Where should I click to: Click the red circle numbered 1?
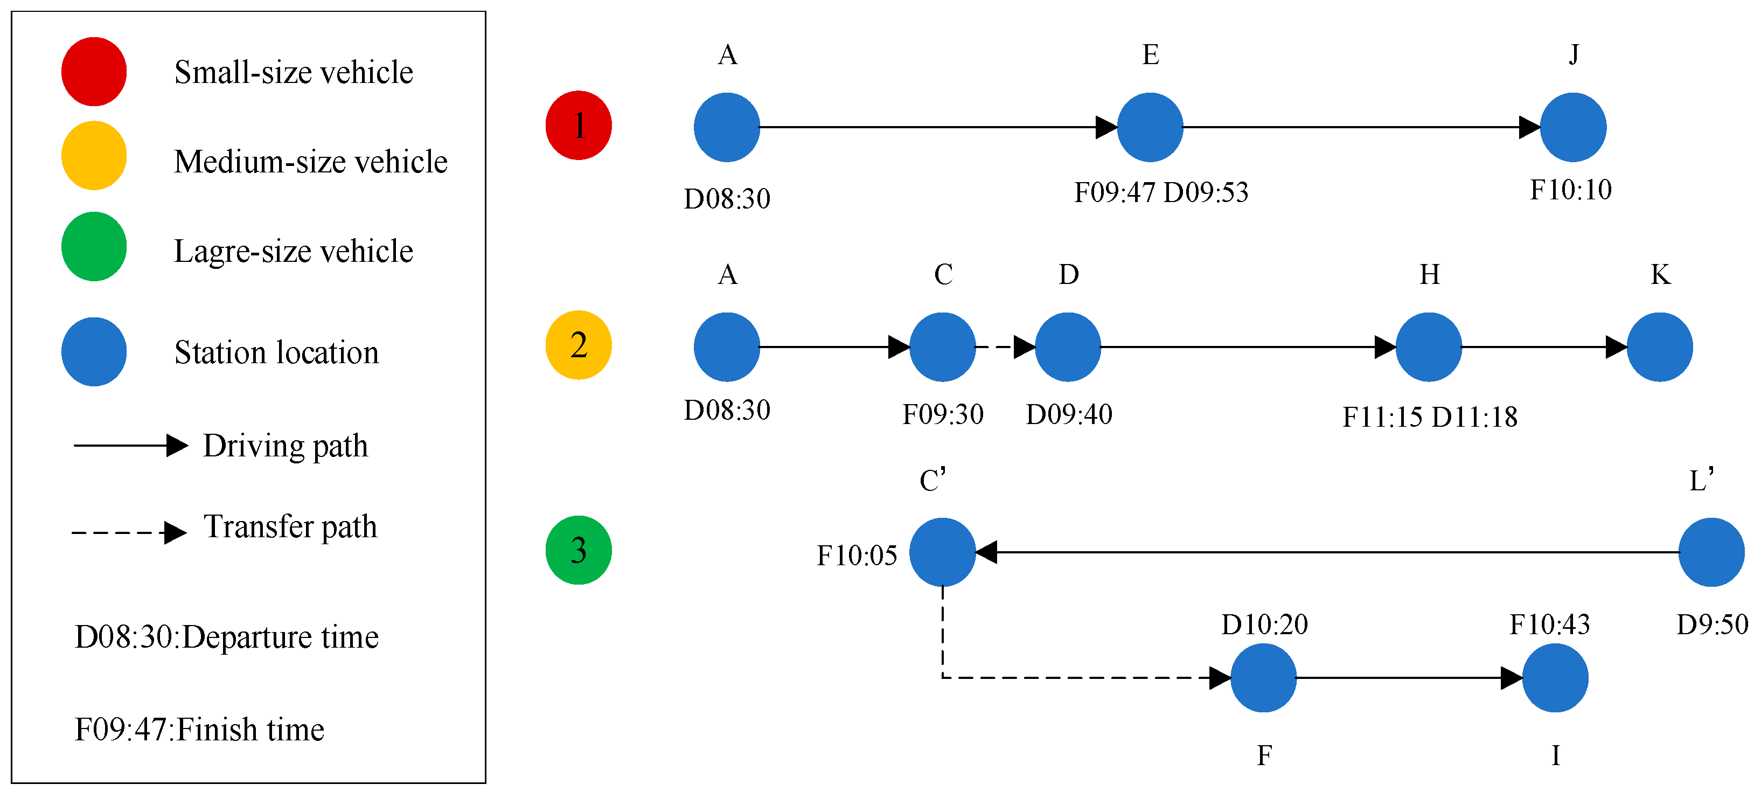pos(579,126)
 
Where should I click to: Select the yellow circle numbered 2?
pos(579,345)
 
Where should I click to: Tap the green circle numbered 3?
pos(579,551)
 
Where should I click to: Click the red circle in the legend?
pos(94,72)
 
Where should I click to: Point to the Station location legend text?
pos(276,353)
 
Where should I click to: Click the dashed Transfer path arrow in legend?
pos(129,532)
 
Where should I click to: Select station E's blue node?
pos(1150,127)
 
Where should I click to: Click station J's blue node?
pos(1573,127)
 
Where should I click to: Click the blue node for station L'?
pos(1711,552)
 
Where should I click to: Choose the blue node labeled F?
pos(1263,678)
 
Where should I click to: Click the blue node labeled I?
pos(1555,678)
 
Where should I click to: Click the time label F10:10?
pos(1570,190)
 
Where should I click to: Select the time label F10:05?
pos(857,555)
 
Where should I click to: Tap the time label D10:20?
pos(1264,625)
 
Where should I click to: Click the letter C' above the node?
pos(932,481)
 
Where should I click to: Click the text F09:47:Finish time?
pos(199,730)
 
